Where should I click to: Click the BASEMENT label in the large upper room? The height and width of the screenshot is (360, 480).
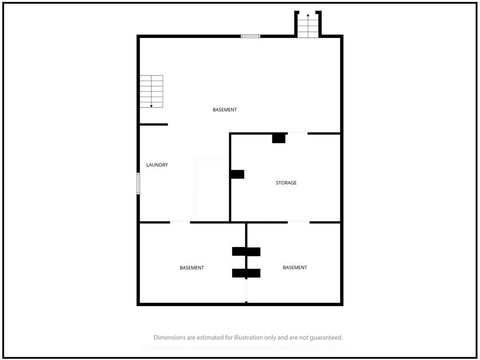pyautogui.click(x=225, y=110)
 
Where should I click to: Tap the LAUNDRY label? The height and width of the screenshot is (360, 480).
pyautogui.click(x=157, y=165)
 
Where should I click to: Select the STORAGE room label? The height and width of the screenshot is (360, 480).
pyautogui.click(x=286, y=183)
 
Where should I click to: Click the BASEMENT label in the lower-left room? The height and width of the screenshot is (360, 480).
pyautogui.click(x=192, y=268)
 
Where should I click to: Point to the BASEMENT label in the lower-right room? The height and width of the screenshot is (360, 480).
pyautogui.click(x=295, y=267)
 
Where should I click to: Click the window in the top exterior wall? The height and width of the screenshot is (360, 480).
pyautogui.click(x=250, y=36)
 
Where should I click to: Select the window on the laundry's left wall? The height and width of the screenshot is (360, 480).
pyautogui.click(x=138, y=183)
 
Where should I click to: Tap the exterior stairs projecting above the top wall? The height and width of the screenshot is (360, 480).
pyautogui.click(x=308, y=24)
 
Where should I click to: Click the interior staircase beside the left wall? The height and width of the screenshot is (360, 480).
pyautogui.click(x=151, y=91)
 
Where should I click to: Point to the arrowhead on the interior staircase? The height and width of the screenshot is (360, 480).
pyautogui.click(x=151, y=106)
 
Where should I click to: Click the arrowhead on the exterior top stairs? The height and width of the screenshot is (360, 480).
pyautogui.click(x=308, y=15)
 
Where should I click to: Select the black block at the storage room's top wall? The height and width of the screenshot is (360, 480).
pyautogui.click(x=279, y=138)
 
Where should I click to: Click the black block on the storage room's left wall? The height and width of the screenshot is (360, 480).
pyautogui.click(x=237, y=174)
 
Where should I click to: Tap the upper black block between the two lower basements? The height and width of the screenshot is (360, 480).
pyautogui.click(x=246, y=252)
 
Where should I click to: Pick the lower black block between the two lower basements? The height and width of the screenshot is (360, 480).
pyautogui.click(x=246, y=273)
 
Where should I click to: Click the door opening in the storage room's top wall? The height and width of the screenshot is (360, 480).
pyautogui.click(x=298, y=133)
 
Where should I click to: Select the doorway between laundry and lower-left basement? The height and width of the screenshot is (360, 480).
pyautogui.click(x=180, y=222)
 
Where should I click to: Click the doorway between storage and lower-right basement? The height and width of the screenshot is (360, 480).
pyautogui.click(x=299, y=222)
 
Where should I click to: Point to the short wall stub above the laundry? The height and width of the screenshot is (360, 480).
pyautogui.click(x=154, y=124)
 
